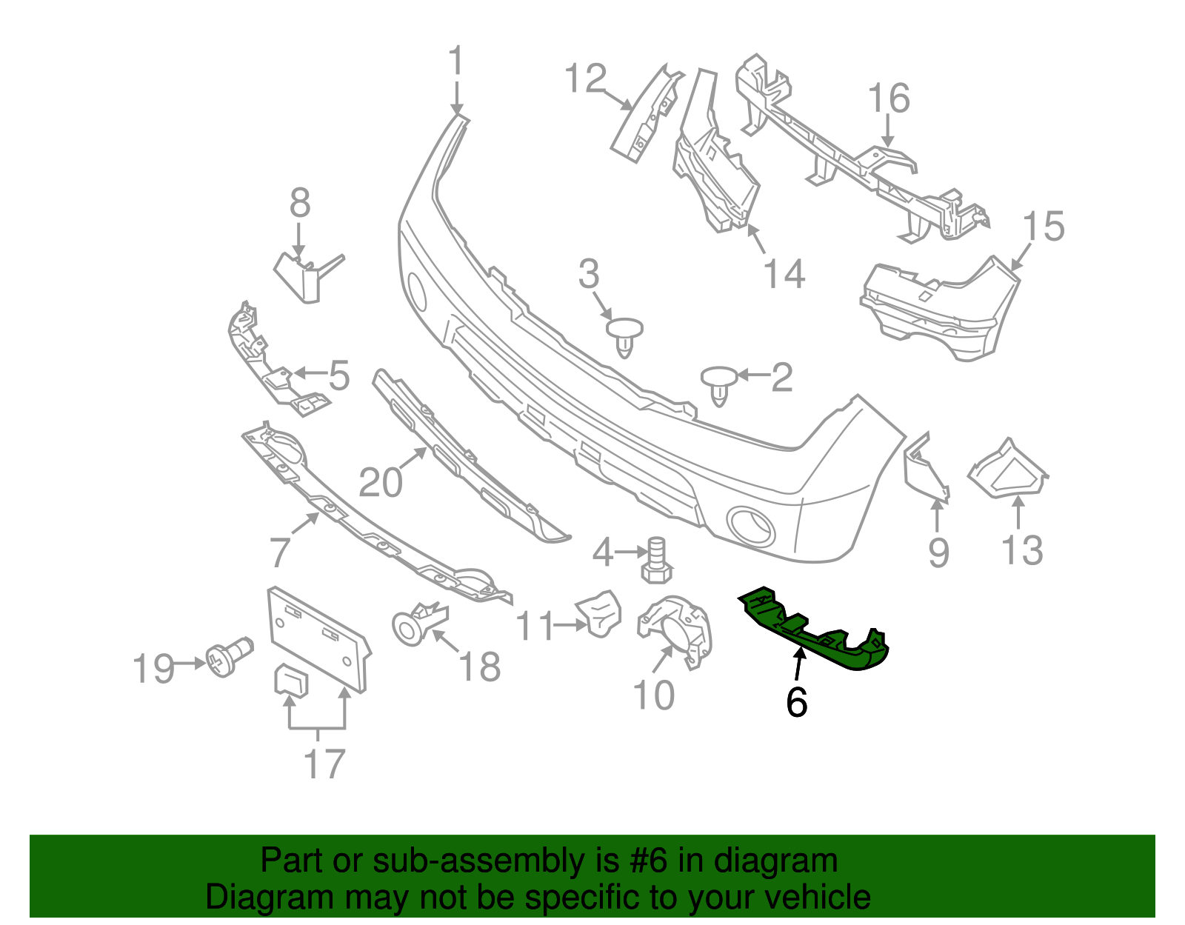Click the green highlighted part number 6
(815, 630)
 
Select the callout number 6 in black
(796, 701)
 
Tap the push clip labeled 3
(624, 335)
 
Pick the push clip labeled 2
(719, 383)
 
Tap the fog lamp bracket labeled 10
(675, 630)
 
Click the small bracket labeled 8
(304, 276)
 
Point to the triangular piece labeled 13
(1007, 470)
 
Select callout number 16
(889, 98)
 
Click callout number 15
(1044, 226)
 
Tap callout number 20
(381, 482)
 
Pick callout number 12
(585, 79)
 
